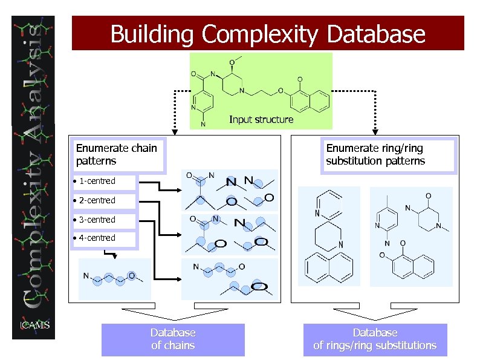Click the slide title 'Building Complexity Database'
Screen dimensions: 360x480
click(268, 34)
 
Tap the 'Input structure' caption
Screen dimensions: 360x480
click(261, 120)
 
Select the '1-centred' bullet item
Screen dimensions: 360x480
click(97, 181)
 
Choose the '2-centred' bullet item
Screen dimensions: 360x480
click(97, 200)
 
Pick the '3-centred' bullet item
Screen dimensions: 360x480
click(97, 220)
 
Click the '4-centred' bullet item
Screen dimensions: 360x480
click(97, 238)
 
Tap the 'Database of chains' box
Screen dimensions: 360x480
click(173, 339)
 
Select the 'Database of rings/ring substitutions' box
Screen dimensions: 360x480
click(375, 339)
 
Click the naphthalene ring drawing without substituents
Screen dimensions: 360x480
click(329, 267)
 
